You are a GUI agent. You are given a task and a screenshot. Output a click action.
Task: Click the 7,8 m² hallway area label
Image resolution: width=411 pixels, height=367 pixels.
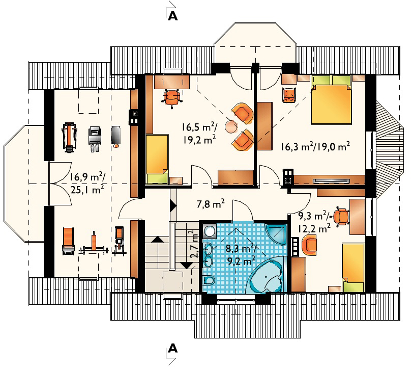coord(211,203)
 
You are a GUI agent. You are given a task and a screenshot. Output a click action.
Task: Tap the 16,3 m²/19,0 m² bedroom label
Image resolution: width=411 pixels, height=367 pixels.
coord(315,146)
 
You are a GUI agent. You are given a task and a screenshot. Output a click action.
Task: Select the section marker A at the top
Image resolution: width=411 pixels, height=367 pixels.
coord(173,16)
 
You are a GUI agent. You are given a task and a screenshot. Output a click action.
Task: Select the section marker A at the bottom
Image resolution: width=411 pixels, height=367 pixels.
coord(173,349)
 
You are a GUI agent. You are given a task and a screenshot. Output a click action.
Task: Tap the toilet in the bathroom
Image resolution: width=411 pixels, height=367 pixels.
coord(209,280)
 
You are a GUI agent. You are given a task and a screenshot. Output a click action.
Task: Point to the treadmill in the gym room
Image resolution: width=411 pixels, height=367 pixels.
coord(69,137)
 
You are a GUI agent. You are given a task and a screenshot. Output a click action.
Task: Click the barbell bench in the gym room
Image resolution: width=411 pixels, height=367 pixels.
coord(94,245)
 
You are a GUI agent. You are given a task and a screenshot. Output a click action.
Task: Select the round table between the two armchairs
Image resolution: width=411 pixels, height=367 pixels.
coord(231,126)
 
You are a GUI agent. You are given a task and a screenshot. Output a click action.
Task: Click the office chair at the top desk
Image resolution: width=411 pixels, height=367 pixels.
coord(172,98)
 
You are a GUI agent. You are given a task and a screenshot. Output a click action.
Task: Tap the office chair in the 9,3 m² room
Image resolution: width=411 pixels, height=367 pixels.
coord(341,217)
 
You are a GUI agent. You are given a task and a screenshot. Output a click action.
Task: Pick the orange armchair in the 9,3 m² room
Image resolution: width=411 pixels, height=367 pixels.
coord(309,245)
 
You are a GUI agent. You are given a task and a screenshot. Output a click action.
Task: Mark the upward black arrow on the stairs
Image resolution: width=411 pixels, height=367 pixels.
coord(158,239)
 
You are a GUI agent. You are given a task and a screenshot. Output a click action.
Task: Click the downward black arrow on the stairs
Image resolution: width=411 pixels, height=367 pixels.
coord(187,266)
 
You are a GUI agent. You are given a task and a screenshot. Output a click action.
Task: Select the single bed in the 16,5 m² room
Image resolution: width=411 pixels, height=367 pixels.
coord(157,159)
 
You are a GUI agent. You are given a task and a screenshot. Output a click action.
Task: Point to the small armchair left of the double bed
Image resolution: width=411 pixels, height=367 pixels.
coord(289,95)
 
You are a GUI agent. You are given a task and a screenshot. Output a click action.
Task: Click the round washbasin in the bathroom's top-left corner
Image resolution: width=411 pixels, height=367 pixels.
coord(210,231)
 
